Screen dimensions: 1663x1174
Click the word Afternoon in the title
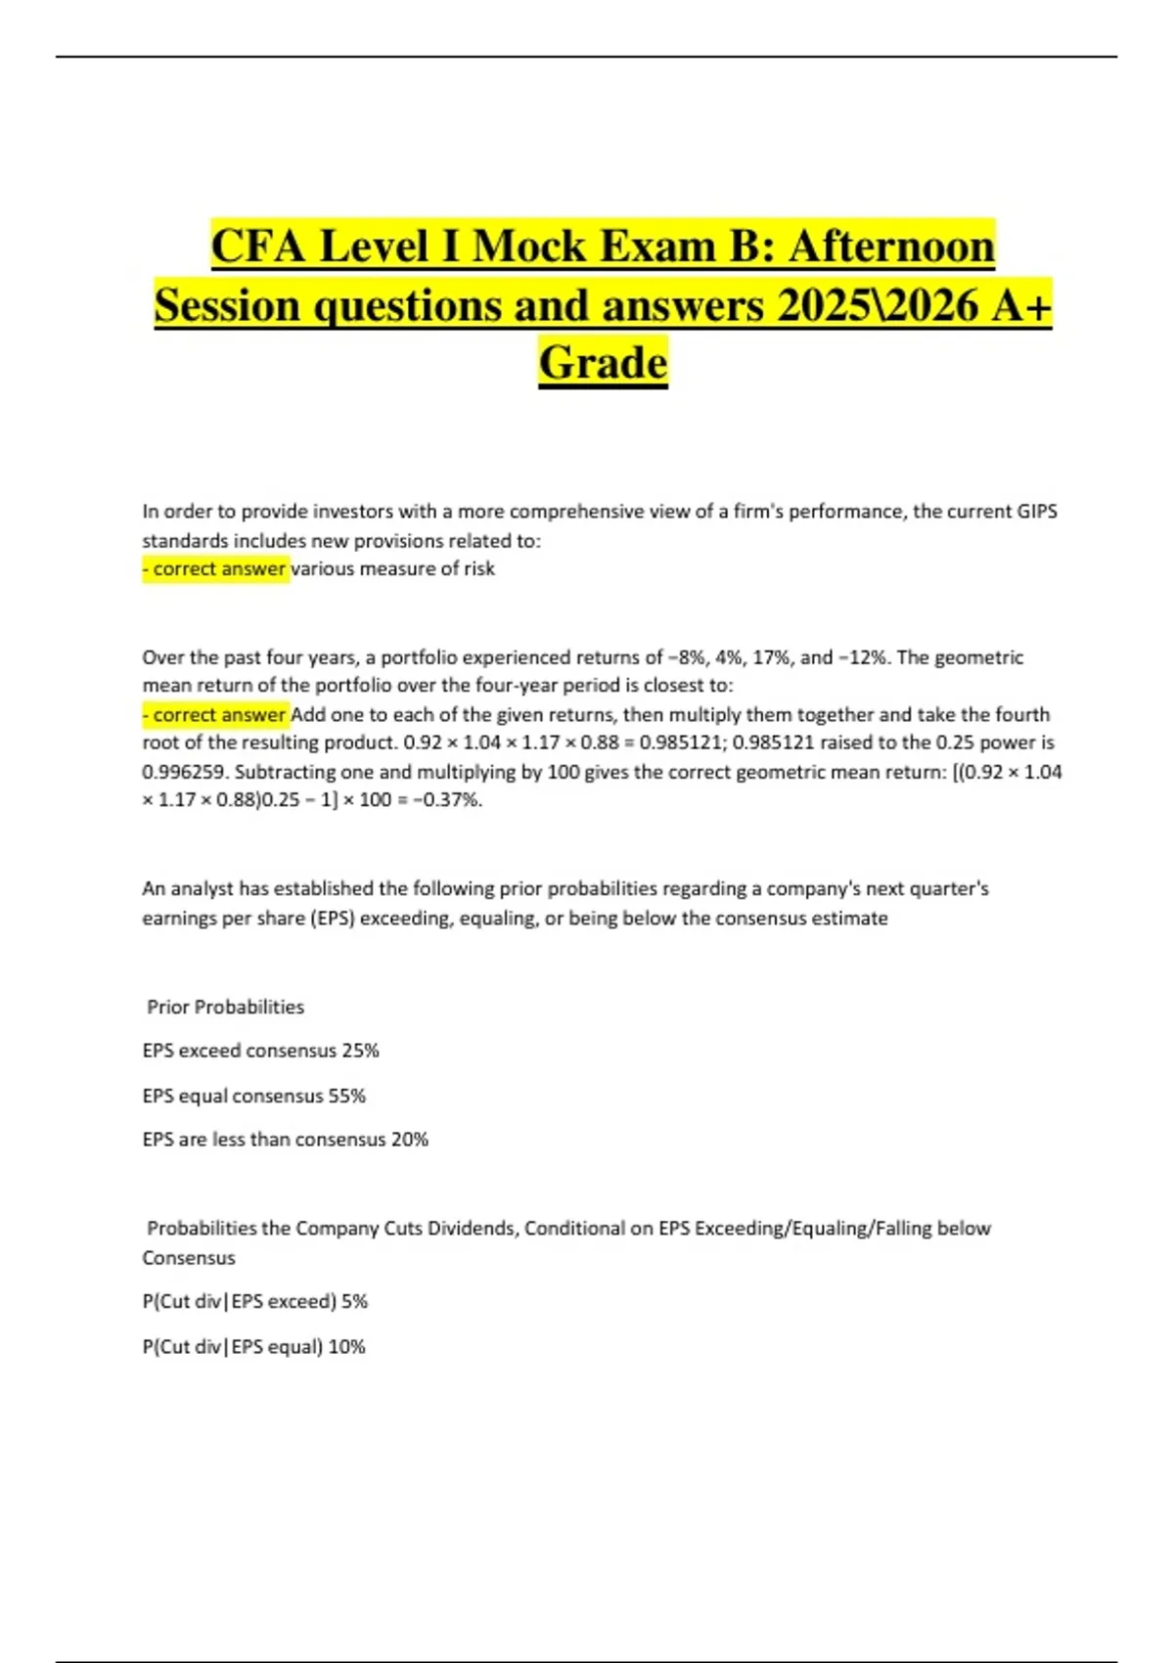click(x=891, y=246)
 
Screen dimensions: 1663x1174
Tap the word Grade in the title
click(x=603, y=363)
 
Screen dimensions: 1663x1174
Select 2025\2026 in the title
click(x=878, y=305)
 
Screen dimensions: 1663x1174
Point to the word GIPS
click(x=1037, y=512)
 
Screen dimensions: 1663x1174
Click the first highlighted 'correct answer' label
click(x=217, y=569)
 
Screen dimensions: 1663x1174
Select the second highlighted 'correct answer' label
click(x=217, y=715)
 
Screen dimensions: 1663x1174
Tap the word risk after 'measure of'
click(x=478, y=569)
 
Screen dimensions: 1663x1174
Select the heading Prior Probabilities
click(x=225, y=1008)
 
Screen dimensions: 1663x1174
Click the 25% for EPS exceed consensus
click(x=360, y=1051)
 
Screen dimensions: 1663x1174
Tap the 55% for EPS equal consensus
click(x=346, y=1097)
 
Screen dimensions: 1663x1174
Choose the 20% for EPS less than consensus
click(x=410, y=1140)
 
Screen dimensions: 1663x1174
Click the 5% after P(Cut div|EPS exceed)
click(x=354, y=1302)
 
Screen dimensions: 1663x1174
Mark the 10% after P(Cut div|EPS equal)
click(x=346, y=1347)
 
